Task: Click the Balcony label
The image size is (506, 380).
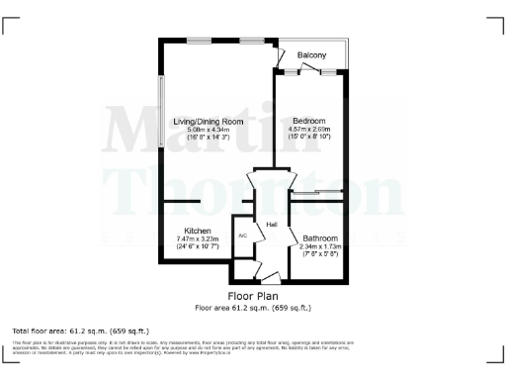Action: click(313, 54)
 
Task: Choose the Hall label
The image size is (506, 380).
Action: click(271, 226)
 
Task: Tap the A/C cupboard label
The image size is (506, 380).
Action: click(242, 236)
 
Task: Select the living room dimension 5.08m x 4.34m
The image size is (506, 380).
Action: click(208, 129)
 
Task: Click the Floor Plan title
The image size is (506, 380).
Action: click(253, 296)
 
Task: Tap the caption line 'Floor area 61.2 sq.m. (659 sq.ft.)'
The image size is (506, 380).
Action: click(253, 307)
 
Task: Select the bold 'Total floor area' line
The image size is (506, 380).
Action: click(66, 330)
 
